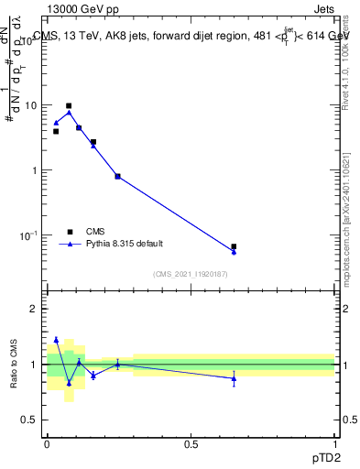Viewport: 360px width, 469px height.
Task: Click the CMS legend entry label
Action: (x=96, y=232)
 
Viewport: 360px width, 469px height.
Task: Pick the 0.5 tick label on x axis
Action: (x=191, y=443)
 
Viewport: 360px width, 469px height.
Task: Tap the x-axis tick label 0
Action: (x=47, y=443)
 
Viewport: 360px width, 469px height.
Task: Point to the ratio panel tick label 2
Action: (x=34, y=309)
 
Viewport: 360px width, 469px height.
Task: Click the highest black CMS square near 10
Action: (x=69, y=106)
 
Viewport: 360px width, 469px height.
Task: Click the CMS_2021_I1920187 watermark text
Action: (x=191, y=275)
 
